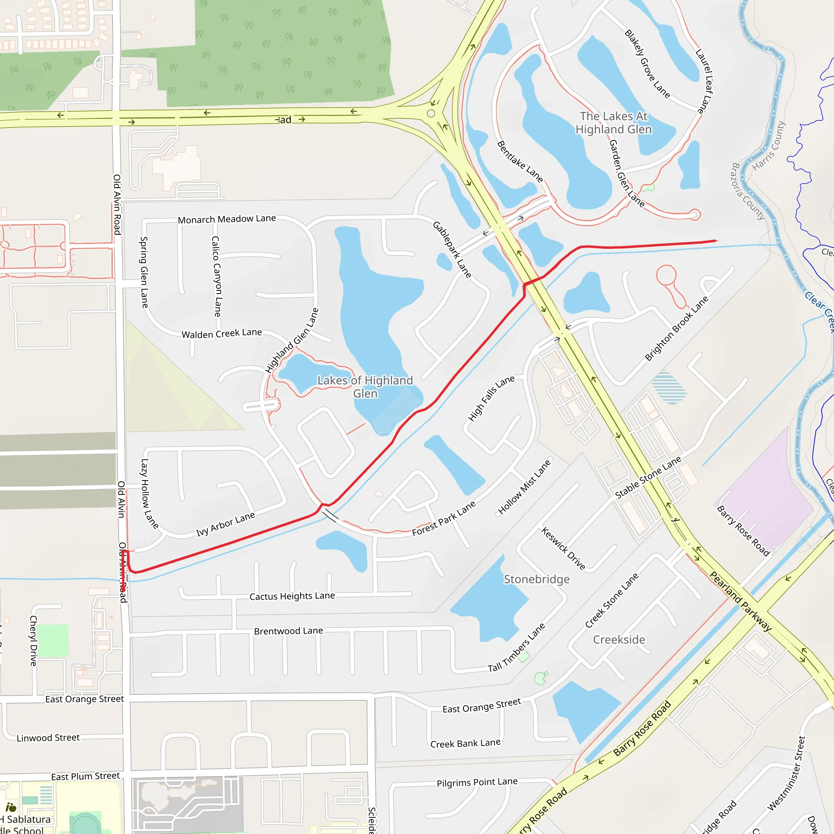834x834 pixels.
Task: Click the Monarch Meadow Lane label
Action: coord(227,219)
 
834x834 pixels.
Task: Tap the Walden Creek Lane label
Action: coord(222,333)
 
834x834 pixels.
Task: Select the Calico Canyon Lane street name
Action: coord(216,276)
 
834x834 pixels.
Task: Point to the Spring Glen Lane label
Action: coord(144,272)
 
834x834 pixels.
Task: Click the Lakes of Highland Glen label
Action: coord(365,387)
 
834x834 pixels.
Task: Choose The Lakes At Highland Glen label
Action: coord(613,123)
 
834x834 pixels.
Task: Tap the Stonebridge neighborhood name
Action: coord(537,579)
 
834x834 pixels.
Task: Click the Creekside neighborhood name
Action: coord(619,640)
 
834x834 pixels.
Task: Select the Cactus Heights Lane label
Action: coord(292,596)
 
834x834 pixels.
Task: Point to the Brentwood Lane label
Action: coord(288,631)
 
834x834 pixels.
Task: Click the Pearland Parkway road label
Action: coord(740,601)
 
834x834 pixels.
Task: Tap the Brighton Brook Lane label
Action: coord(676,329)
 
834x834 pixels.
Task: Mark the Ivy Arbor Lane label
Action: coord(225,524)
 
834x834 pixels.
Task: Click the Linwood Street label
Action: coord(48,738)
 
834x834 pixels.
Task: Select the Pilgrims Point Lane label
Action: coord(477,782)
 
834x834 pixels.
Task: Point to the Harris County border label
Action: coord(769,146)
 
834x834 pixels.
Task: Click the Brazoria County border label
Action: coord(748,191)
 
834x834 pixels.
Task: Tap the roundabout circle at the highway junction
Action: coord(431,114)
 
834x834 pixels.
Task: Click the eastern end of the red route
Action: coord(716,241)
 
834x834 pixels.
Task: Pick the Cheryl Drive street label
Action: coord(33,641)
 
